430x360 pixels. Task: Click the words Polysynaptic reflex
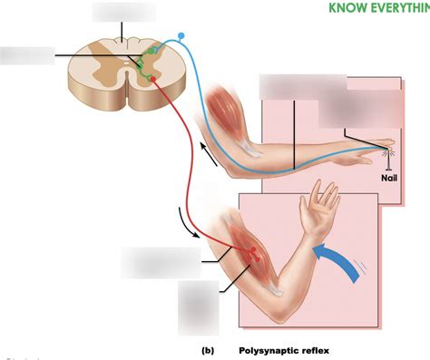pos(278,348)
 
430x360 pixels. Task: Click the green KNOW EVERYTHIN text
pos(378,8)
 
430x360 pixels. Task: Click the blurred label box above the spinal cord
pos(123,13)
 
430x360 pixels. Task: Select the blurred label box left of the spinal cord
pos(27,54)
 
